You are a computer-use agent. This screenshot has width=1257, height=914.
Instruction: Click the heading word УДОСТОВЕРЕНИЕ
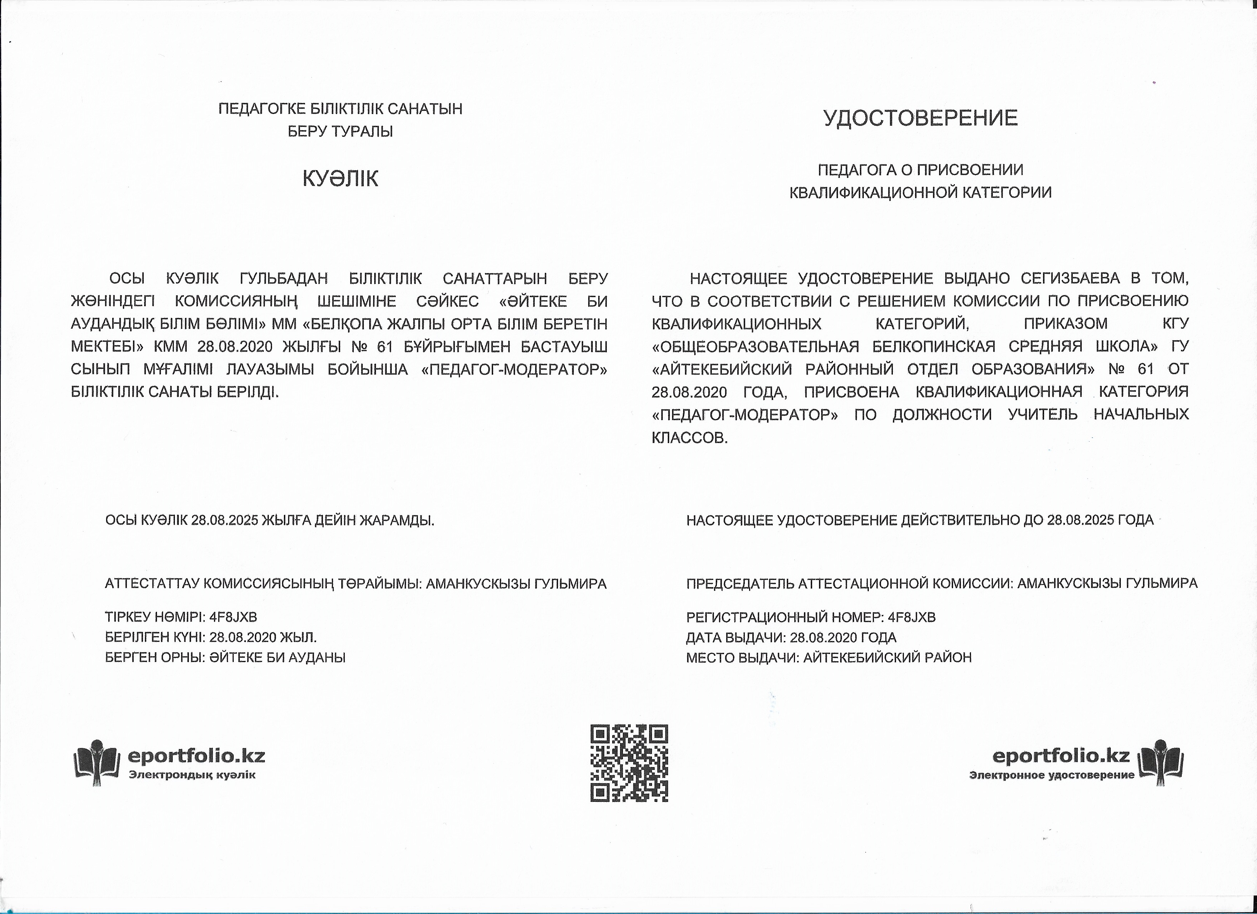coord(920,118)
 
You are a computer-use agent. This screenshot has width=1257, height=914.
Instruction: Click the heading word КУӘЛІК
coord(340,179)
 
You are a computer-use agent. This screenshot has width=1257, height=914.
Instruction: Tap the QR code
coord(629,763)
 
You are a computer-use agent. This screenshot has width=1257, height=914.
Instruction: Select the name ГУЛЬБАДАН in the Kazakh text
coord(284,278)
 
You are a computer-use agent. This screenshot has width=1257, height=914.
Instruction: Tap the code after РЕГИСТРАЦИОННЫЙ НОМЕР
coord(912,617)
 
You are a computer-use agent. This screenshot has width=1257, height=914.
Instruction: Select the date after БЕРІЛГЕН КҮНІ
coord(244,637)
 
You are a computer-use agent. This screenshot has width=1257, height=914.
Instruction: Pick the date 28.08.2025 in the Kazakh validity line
coord(224,520)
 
